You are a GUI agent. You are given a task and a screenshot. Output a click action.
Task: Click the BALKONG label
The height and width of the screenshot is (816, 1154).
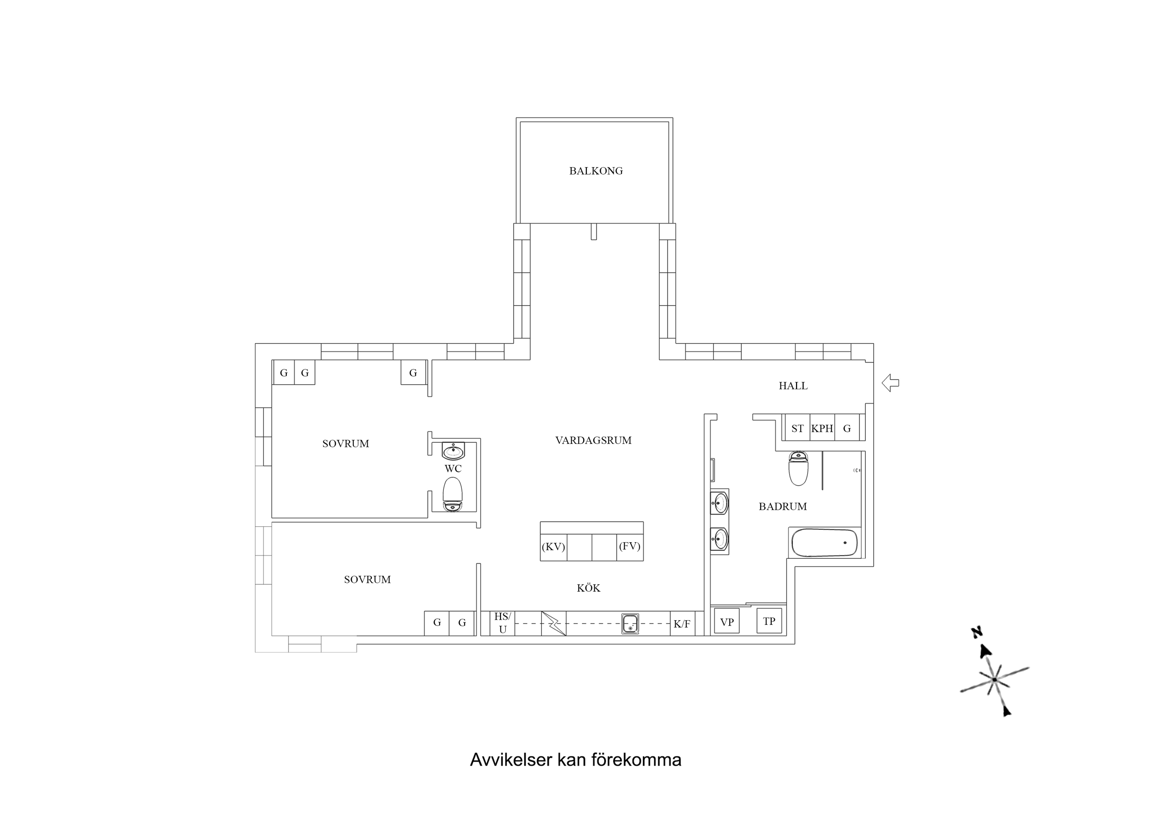pos(596,171)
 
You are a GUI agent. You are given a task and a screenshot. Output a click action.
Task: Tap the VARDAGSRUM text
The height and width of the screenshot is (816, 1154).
pos(593,441)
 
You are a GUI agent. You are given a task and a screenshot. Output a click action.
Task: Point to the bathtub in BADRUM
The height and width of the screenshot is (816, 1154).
pos(824,543)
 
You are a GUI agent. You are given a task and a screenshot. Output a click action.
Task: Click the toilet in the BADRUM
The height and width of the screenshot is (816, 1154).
pos(798,469)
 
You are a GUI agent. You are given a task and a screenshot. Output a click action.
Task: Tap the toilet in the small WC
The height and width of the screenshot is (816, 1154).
pos(453,495)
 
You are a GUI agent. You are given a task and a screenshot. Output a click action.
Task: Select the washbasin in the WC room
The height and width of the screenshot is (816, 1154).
pos(453,451)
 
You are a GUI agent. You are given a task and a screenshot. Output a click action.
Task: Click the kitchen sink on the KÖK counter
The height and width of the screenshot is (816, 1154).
pos(630,623)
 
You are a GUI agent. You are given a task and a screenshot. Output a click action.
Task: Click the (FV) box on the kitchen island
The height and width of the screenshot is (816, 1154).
pos(630,546)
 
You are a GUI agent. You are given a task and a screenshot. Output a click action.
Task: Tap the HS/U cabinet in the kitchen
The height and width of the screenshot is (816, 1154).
pos(502,623)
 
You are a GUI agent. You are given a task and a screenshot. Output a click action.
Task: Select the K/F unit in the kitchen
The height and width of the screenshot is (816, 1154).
pos(682,623)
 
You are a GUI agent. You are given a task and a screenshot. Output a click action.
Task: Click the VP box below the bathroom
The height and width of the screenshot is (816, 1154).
pos(727,622)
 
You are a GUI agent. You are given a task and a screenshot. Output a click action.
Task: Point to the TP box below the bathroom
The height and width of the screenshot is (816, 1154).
pos(769,621)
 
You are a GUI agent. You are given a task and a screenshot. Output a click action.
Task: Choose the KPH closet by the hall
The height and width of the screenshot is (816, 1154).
pos(822,429)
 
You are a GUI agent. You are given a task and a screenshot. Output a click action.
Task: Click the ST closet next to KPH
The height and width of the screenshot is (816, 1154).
pos(797,429)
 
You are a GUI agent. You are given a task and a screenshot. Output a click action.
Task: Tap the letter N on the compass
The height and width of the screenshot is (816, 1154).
pos(977,633)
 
